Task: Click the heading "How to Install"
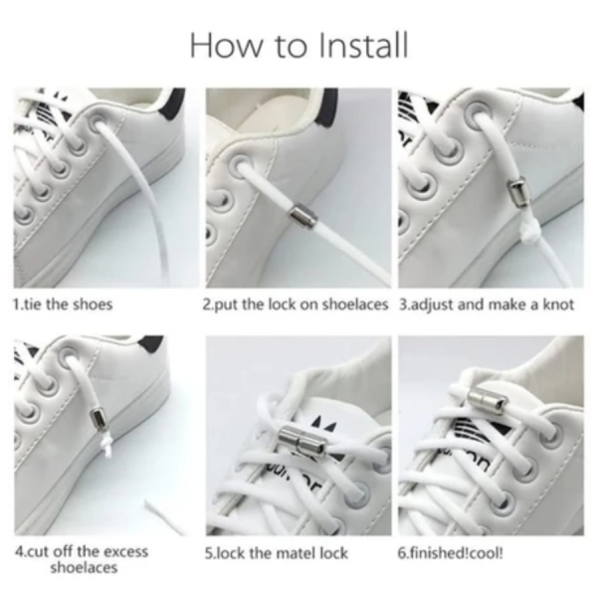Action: (x=298, y=46)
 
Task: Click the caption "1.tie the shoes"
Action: (x=63, y=304)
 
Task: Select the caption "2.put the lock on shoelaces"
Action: (x=296, y=305)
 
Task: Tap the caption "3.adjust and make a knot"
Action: (x=487, y=305)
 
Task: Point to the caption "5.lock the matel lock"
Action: (x=277, y=553)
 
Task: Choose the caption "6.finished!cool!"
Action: (x=451, y=553)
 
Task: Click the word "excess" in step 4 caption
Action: (x=125, y=551)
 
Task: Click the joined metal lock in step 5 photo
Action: (x=299, y=441)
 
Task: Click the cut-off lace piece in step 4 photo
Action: (x=164, y=514)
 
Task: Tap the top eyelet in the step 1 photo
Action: (x=98, y=123)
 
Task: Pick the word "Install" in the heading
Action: (x=363, y=46)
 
